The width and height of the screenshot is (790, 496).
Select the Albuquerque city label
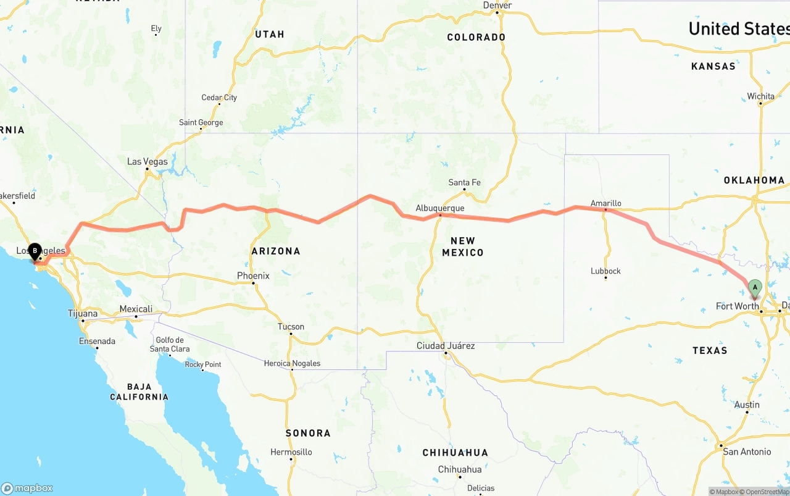coord(439,208)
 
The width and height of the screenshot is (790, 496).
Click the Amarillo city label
coord(605,203)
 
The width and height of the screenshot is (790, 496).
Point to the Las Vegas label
coord(147,162)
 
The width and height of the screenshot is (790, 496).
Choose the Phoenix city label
coord(253,276)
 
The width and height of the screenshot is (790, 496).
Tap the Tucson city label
coord(291,327)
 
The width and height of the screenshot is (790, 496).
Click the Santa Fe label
coord(464,182)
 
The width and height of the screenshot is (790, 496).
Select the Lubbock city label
coord(605,271)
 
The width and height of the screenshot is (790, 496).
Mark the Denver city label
coord(497,6)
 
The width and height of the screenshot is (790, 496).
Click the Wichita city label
coord(760,96)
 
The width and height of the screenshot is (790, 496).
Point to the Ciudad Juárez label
coord(446,346)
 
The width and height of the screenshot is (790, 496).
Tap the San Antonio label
coord(747,452)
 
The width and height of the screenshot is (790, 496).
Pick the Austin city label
coord(747,405)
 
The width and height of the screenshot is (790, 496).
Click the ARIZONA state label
coord(276,251)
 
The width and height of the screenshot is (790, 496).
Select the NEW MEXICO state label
coord(463,246)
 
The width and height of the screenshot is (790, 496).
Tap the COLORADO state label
coord(476,37)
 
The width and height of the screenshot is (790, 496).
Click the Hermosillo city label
coord(291,452)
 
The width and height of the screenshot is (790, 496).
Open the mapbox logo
coord(27,487)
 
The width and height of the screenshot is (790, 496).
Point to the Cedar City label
coord(219,98)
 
